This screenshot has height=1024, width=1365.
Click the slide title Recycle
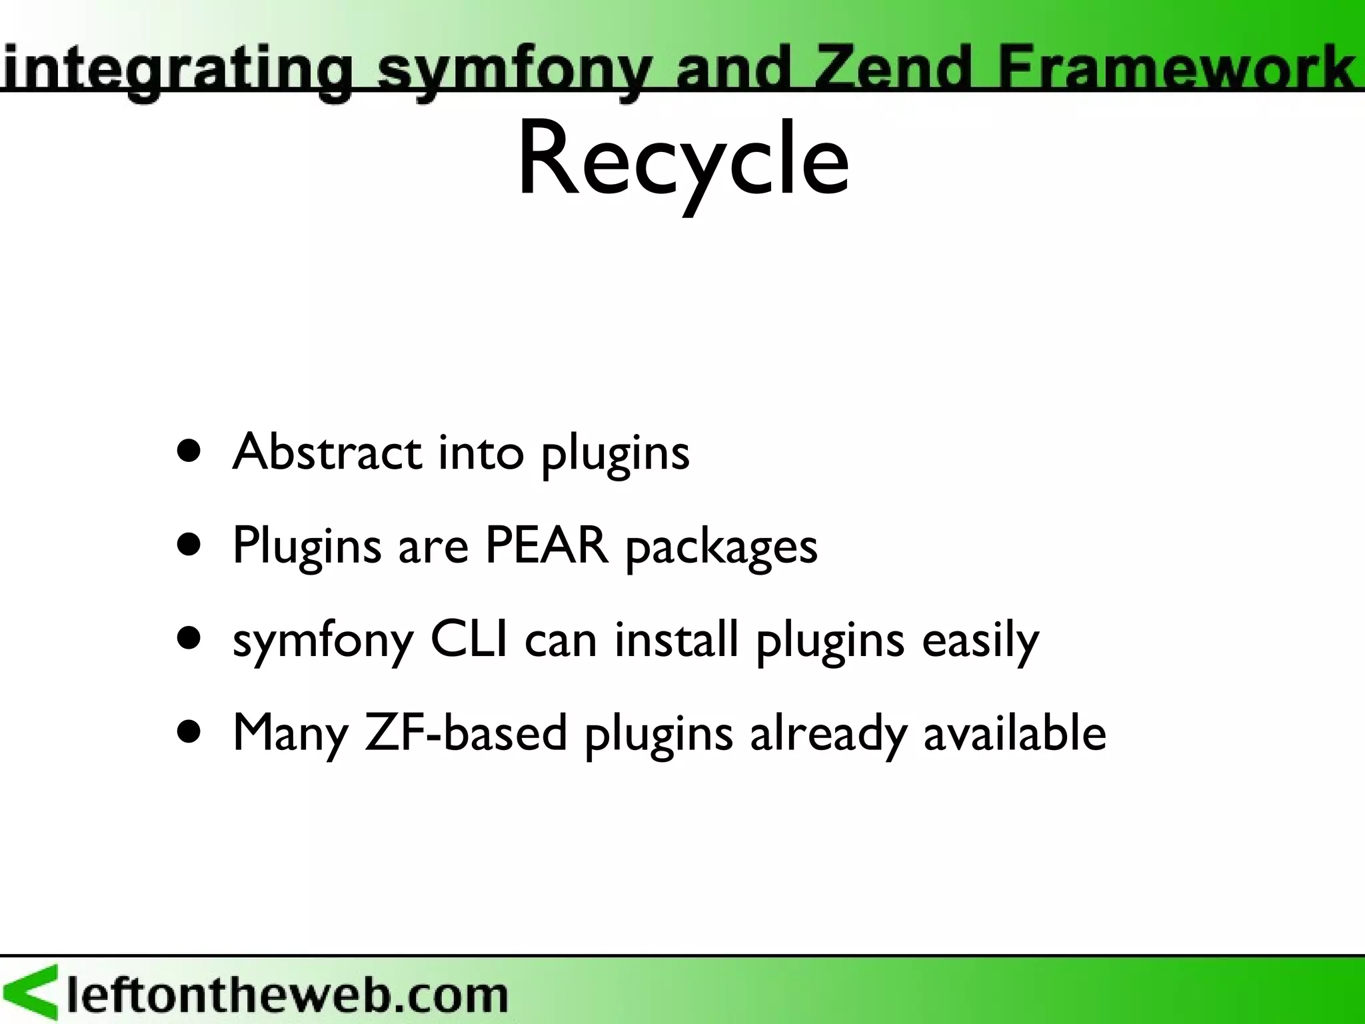pyautogui.click(x=682, y=160)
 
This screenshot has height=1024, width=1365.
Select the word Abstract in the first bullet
pyautogui.click(x=327, y=452)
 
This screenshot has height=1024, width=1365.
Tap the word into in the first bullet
pyautogui.click(x=481, y=452)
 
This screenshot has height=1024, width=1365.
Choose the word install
pyautogui.click(x=676, y=639)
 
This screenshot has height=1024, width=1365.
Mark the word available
pyautogui.click(x=1014, y=732)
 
